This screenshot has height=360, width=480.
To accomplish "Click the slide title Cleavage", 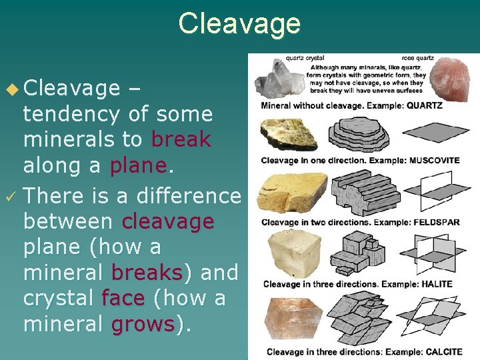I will click(239, 23).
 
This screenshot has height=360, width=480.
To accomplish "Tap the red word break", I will click(181, 140).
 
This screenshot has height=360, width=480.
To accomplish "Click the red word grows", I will click(143, 324).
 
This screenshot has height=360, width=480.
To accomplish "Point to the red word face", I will click(123, 298).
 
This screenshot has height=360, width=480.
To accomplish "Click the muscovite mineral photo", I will click(288, 135).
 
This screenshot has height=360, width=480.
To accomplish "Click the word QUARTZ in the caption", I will click(424, 105).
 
